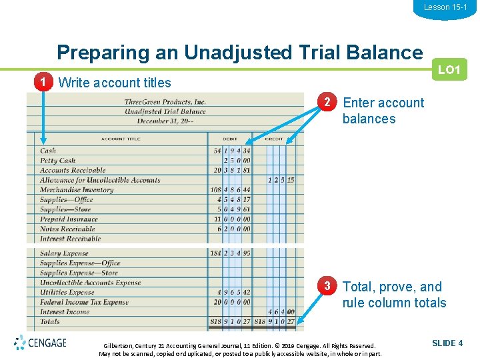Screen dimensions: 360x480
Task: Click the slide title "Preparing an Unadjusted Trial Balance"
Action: (x=239, y=52)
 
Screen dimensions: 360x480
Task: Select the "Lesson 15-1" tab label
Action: (x=445, y=7)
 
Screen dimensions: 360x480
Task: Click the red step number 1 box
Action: (x=43, y=83)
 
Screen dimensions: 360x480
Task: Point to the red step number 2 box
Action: (x=327, y=103)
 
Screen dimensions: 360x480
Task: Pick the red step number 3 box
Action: (x=327, y=287)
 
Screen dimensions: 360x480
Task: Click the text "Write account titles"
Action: (x=115, y=83)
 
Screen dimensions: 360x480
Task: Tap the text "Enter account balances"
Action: (x=383, y=111)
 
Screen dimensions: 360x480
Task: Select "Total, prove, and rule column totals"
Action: (x=393, y=295)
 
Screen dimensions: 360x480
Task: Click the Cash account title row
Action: (x=48, y=151)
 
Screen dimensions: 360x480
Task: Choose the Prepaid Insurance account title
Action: (x=69, y=219)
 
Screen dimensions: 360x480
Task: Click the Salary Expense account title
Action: (x=64, y=253)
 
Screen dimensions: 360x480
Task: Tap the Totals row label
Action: (x=50, y=321)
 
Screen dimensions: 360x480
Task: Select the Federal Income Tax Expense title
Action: (x=84, y=302)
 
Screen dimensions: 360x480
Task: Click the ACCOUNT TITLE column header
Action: (x=121, y=139)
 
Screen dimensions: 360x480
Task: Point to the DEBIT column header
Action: (x=229, y=139)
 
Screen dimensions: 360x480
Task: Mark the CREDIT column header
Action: (x=274, y=139)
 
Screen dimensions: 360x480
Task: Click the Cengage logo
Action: (x=40, y=343)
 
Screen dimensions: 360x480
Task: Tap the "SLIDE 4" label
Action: (x=447, y=343)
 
